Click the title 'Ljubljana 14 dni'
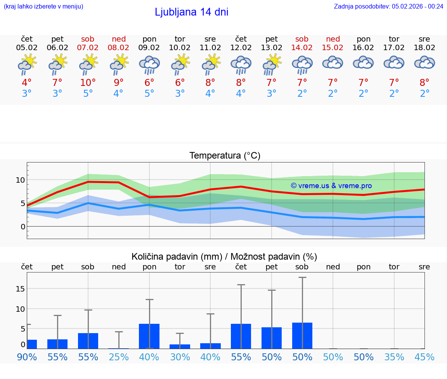191,12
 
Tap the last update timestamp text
388,6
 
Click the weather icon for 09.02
149,65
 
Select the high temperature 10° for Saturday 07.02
88,82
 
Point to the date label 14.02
302,47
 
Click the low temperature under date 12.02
241,94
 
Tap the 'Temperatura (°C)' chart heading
225,156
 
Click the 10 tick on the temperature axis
20,180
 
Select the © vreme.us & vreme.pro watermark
331,186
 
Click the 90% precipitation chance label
27,357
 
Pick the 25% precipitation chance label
119,357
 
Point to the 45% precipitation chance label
424,357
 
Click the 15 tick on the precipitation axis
20,288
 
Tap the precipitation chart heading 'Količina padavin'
224,257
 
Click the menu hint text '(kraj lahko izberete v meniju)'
43,6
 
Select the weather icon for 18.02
424,63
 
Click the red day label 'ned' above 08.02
119,39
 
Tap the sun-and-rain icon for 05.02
27,65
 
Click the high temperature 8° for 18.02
424,82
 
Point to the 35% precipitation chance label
394,357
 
